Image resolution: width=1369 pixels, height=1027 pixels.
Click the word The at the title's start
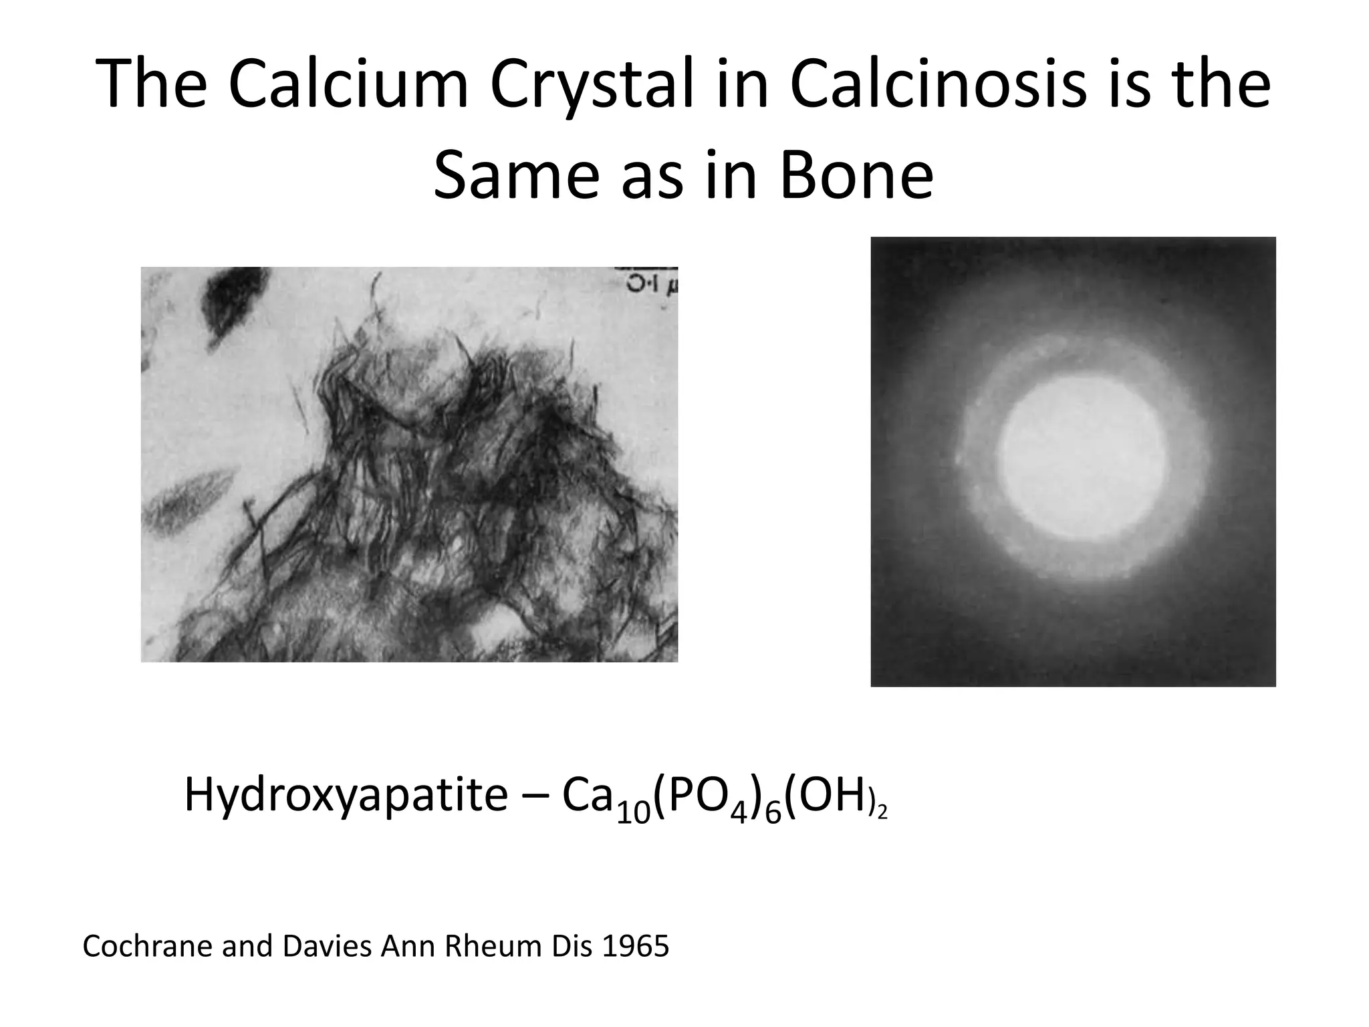coord(151,85)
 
